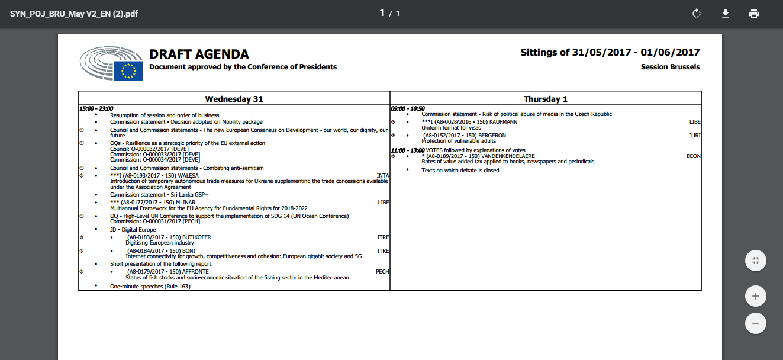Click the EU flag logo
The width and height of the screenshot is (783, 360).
point(128,71)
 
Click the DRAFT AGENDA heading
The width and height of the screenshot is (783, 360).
point(199,54)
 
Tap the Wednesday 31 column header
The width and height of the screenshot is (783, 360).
point(234,99)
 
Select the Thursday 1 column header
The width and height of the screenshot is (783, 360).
point(545,99)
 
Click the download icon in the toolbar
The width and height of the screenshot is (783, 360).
point(726,14)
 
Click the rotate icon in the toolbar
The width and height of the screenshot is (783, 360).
point(697,14)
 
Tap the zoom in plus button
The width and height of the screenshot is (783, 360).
point(756,295)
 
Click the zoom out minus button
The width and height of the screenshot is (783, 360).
point(756,323)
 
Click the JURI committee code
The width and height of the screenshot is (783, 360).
point(695,136)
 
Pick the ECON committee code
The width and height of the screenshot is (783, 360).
point(694,156)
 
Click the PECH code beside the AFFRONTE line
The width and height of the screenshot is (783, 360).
point(382,272)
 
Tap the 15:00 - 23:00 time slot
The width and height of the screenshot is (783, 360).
point(96,108)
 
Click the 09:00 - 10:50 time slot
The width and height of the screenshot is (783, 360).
point(408,108)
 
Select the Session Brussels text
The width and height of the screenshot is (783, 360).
point(670,67)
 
